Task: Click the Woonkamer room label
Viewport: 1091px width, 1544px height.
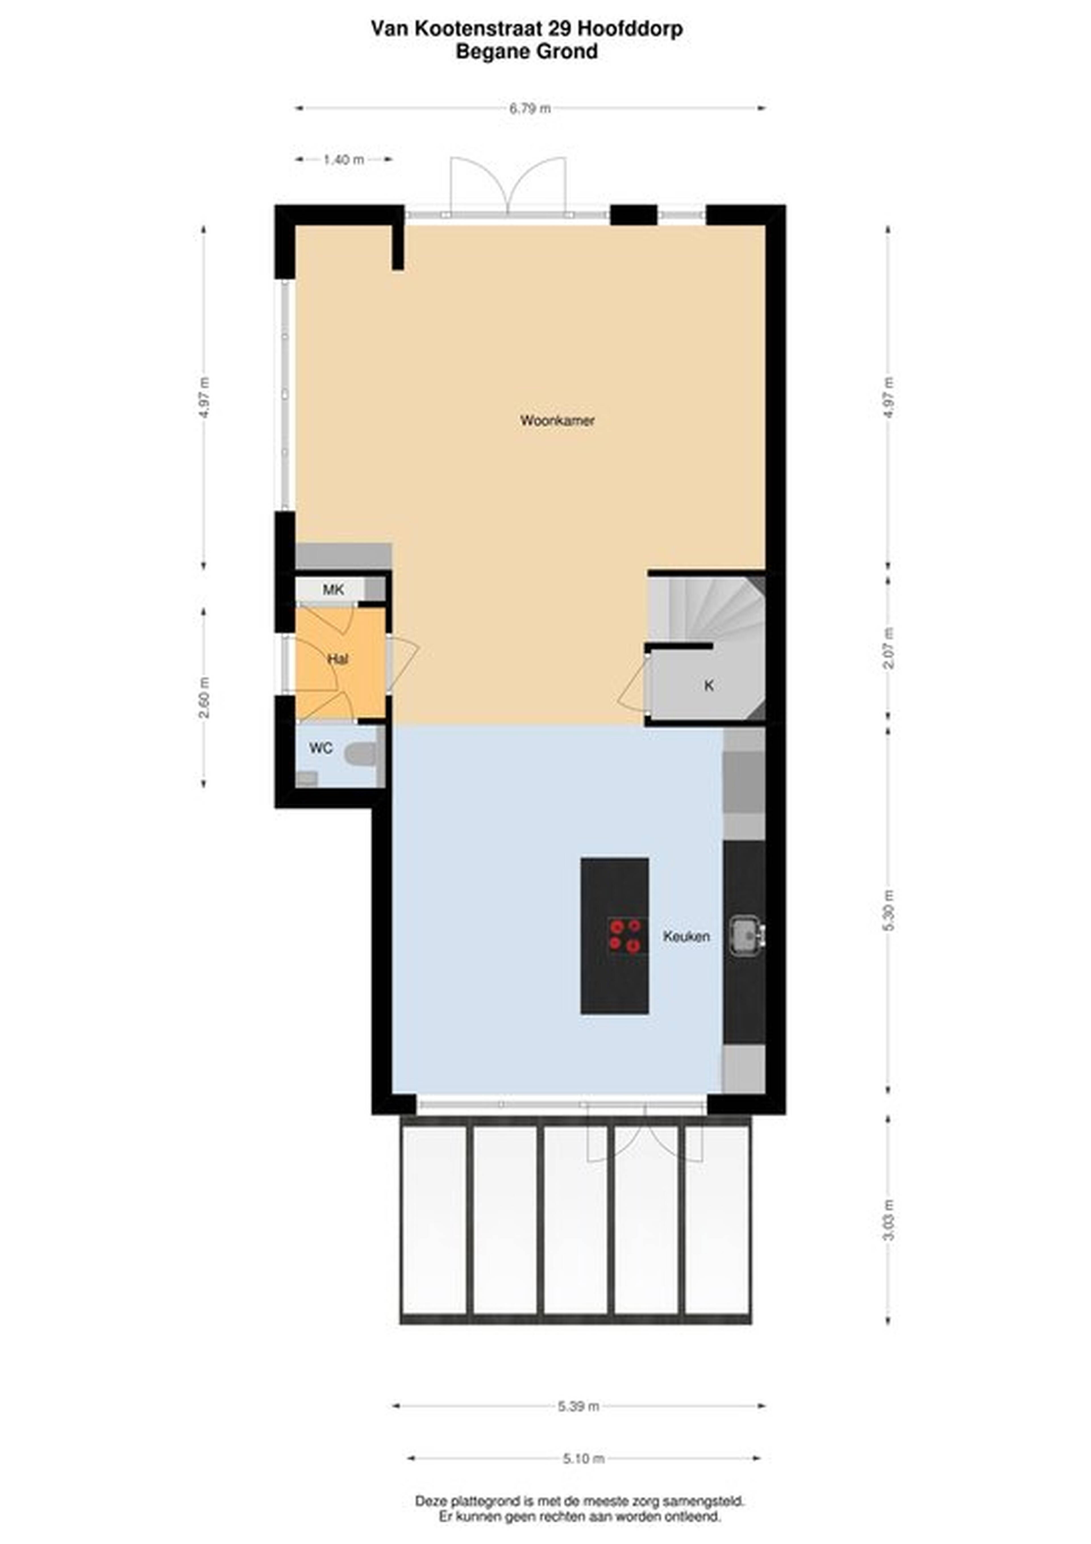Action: [557, 421]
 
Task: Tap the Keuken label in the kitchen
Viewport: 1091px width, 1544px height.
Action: [686, 936]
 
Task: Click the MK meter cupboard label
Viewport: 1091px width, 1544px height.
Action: [334, 590]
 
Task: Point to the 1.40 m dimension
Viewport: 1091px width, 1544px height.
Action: [343, 159]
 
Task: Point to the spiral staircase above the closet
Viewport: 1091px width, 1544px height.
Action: [706, 609]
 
